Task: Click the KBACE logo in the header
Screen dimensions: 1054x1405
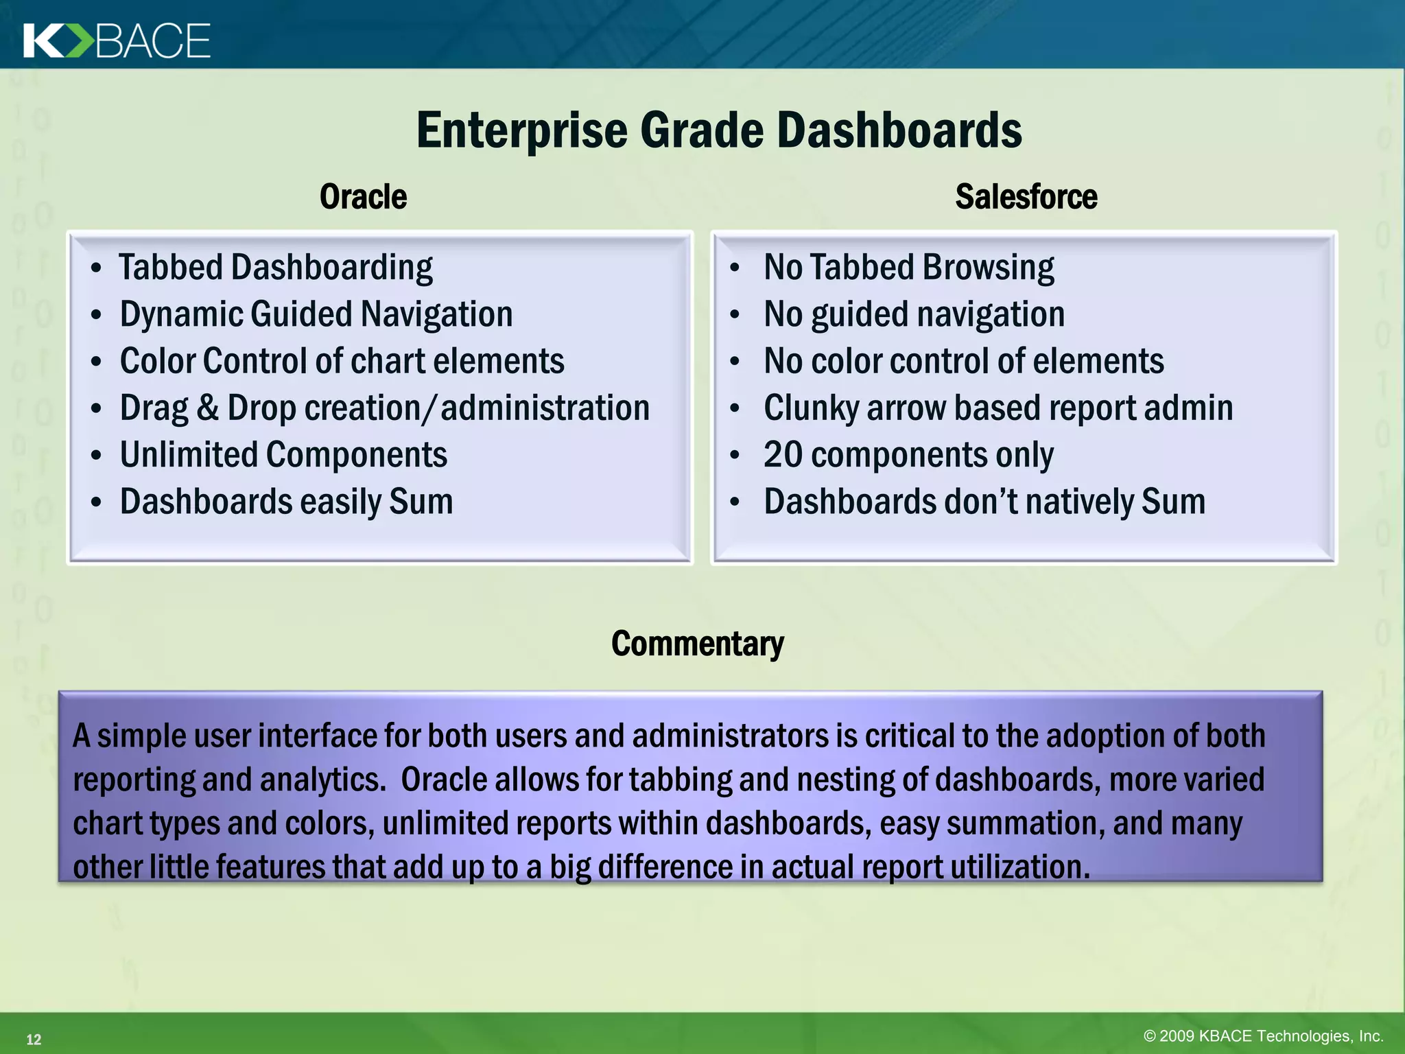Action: tap(117, 40)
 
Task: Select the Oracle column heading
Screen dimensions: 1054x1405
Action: tap(363, 197)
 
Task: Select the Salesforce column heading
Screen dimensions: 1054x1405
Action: tap(1026, 197)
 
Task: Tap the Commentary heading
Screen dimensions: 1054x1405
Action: tap(697, 644)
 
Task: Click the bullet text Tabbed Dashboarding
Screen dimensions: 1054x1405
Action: tap(275, 268)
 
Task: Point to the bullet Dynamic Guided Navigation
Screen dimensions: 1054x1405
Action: tap(316, 314)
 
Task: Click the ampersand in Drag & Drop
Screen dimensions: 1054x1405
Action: tap(207, 408)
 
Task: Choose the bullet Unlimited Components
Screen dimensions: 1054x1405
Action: tap(283, 455)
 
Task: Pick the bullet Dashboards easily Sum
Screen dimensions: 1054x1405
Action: tap(286, 502)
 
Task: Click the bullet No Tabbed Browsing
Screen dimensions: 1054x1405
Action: tap(908, 268)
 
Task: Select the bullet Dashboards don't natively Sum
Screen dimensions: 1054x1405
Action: tap(984, 502)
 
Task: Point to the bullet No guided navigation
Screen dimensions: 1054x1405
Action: tap(914, 314)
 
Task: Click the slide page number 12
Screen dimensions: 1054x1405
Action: tap(34, 1040)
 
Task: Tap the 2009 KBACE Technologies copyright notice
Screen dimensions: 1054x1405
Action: tap(1262, 1036)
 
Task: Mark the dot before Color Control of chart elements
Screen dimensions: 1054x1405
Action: tap(96, 362)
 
